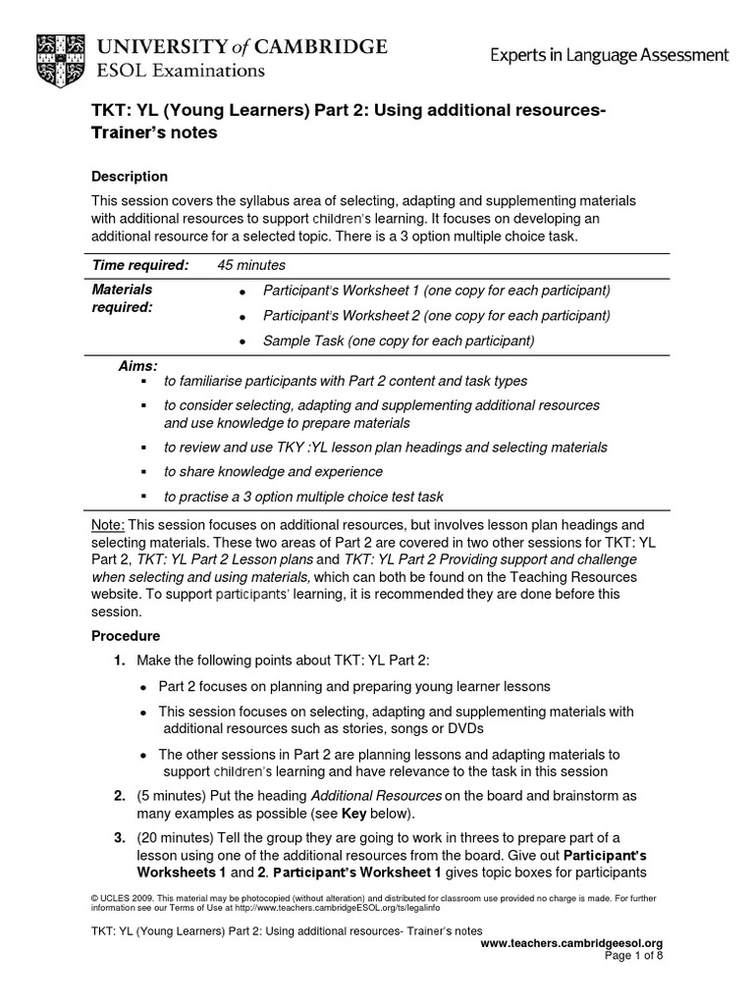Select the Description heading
(130, 177)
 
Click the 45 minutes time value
(251, 266)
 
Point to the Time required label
(139, 266)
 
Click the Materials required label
(122, 298)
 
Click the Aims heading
(138, 365)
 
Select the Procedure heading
(126, 636)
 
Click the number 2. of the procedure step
(119, 795)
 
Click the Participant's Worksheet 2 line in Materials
(436, 316)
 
